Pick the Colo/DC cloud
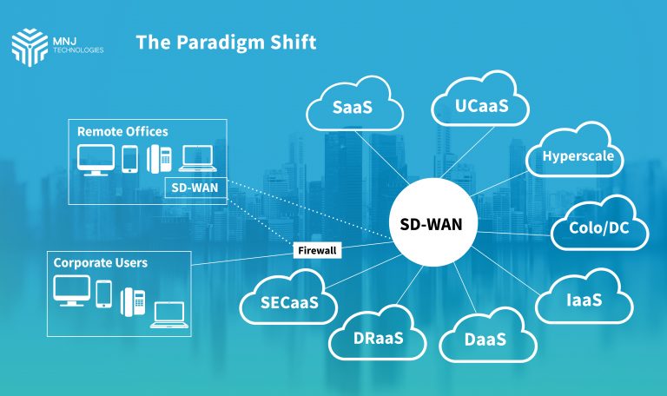pos(598,229)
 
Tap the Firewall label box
pos(317,250)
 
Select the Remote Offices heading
pos(122,132)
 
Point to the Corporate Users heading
pos(101,262)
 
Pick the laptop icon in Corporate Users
pos(168,314)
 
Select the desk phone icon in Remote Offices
pos(159,158)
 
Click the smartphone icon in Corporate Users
pos(103,294)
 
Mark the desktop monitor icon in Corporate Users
pos(70,292)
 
